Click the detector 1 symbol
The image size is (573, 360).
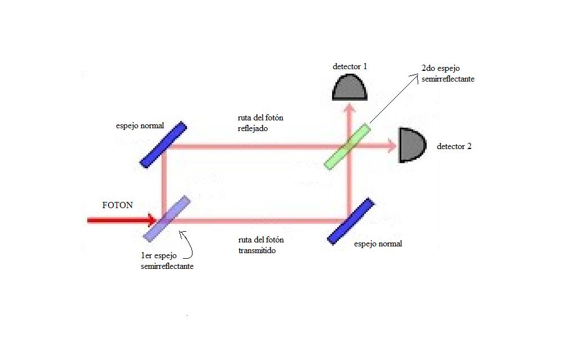pos(350,87)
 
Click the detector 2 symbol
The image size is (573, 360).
pos(412,145)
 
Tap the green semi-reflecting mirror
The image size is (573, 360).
pos(347,147)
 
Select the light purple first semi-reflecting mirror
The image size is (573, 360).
pos(167,219)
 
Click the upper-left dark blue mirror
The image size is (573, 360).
pos(163,145)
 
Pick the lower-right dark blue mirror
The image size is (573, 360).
pos(351,221)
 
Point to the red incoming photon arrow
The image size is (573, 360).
pos(122,220)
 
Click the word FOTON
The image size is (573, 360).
pos(117,205)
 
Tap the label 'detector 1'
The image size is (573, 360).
pos(350,66)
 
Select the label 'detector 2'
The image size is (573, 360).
pos(454,146)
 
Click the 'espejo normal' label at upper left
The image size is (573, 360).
pos(140,126)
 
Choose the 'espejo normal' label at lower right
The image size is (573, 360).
pos(378,244)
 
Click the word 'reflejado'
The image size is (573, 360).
pos(253,128)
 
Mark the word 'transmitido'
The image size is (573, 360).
pos(257,250)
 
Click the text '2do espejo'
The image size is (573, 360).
pos(441,68)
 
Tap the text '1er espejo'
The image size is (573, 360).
pos(159,255)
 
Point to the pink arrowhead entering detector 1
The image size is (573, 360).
pos(350,107)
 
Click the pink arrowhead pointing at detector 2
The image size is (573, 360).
pos(392,146)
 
